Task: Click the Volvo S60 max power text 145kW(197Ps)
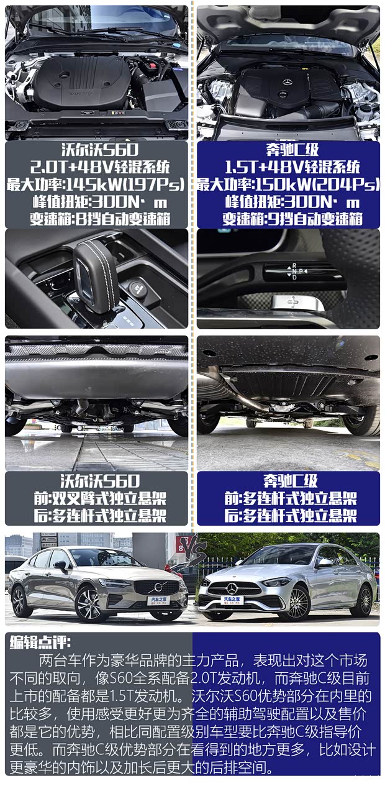[96, 185]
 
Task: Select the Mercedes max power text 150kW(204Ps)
[288, 185]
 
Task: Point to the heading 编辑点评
[40, 643]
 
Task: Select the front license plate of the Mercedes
[233, 600]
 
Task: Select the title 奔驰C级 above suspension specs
[289, 481]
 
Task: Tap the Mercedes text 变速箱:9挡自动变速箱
[288, 219]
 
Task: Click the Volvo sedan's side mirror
[61, 565]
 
